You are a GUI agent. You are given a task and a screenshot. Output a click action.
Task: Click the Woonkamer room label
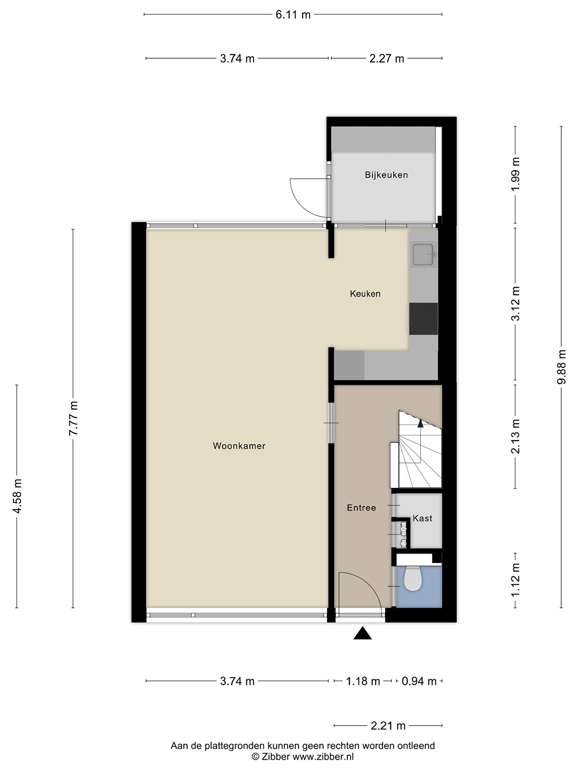[239, 446]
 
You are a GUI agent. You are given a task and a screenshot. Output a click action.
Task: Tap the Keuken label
[365, 294]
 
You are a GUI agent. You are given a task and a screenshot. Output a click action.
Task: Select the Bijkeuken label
[386, 175]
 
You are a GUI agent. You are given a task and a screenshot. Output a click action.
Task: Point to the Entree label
[361, 508]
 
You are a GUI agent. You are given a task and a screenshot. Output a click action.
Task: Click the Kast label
[422, 518]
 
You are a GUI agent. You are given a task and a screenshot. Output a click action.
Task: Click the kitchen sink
[423, 255]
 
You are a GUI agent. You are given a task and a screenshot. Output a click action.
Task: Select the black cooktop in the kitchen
[423, 318]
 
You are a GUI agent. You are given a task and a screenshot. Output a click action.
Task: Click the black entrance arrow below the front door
[362, 634]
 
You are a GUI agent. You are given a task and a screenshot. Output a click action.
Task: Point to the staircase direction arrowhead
[420, 423]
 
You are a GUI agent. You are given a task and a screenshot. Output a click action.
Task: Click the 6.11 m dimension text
[293, 15]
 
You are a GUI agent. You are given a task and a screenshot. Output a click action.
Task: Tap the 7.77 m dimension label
[73, 418]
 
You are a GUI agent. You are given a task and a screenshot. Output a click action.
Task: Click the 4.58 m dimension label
[17, 496]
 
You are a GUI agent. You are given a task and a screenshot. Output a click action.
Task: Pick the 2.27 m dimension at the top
[386, 59]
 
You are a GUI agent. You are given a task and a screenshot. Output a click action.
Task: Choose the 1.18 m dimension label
[363, 681]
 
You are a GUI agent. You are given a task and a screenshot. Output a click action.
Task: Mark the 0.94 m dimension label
[419, 681]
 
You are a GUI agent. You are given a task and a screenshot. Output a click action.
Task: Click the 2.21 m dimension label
[388, 726]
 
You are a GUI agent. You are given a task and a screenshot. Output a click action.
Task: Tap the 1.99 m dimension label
[515, 174]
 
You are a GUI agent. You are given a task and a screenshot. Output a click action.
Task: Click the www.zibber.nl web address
[323, 757]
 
